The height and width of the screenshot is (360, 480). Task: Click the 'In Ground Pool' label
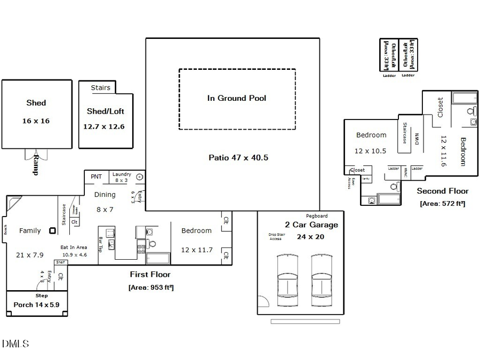236,98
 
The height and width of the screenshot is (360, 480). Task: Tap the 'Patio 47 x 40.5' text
238,158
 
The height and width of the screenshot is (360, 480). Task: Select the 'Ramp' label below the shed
36,165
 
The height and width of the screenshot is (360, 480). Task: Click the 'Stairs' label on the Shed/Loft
100,88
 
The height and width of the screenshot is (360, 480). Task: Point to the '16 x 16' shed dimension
36,121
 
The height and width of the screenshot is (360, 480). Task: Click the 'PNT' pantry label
96,177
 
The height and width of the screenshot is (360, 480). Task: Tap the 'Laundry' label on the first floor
122,174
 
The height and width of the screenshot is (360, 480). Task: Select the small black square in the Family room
52,230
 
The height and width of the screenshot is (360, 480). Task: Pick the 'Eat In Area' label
74,247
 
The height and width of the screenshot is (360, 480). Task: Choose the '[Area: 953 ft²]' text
151,287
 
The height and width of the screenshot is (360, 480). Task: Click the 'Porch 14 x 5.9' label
37,305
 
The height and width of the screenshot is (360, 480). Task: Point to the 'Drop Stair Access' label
275,236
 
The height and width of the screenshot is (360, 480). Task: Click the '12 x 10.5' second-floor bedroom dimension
371,151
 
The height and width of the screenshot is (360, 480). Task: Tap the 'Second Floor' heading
442,191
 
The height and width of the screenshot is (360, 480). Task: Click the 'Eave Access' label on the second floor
349,183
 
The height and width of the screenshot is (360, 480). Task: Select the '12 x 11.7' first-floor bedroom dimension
196,250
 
